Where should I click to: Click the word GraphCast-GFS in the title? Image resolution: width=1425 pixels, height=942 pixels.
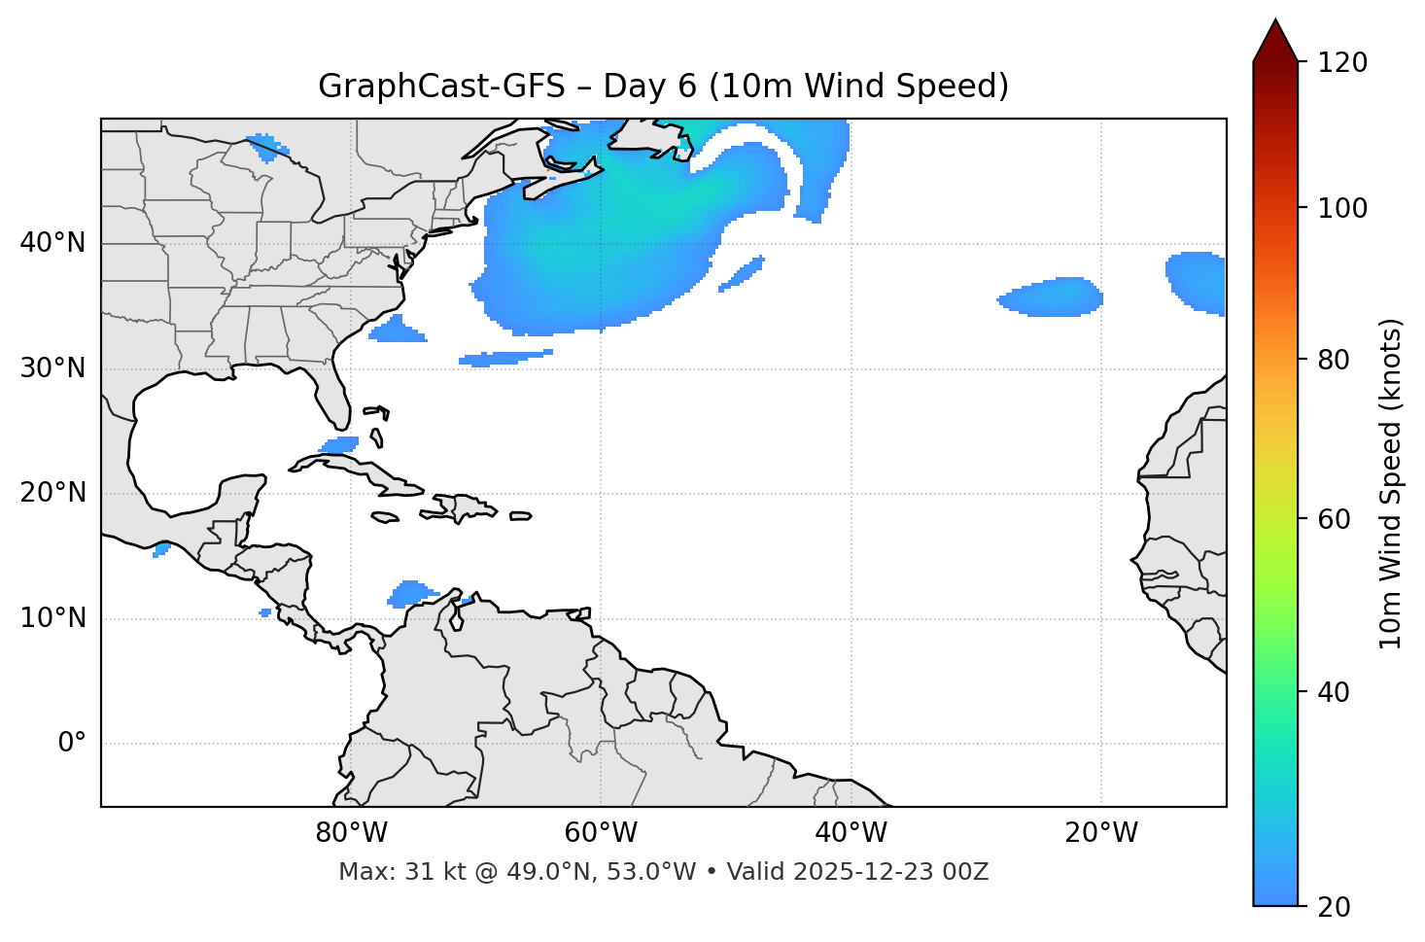441,87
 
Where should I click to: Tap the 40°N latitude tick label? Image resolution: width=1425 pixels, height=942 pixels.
52,243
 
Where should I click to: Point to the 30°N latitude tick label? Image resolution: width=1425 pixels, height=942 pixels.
52,368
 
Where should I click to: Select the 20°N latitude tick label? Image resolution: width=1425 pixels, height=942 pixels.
52,493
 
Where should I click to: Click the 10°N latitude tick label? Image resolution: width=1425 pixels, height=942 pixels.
52,618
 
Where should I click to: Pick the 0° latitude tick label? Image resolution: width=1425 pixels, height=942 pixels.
72,744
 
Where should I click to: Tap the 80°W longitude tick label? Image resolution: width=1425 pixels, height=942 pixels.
351,833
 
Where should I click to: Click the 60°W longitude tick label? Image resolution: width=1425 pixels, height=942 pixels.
601,833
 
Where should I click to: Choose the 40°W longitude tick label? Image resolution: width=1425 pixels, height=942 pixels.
851,833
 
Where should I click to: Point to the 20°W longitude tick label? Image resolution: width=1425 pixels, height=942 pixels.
1101,833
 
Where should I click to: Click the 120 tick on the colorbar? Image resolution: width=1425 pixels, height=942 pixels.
1342,63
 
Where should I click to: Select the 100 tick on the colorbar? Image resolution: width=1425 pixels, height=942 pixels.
1342,208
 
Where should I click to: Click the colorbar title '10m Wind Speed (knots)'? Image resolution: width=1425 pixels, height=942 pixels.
1391,483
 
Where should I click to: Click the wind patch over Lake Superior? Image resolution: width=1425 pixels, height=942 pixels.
266,147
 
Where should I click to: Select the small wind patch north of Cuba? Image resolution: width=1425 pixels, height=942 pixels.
340,445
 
